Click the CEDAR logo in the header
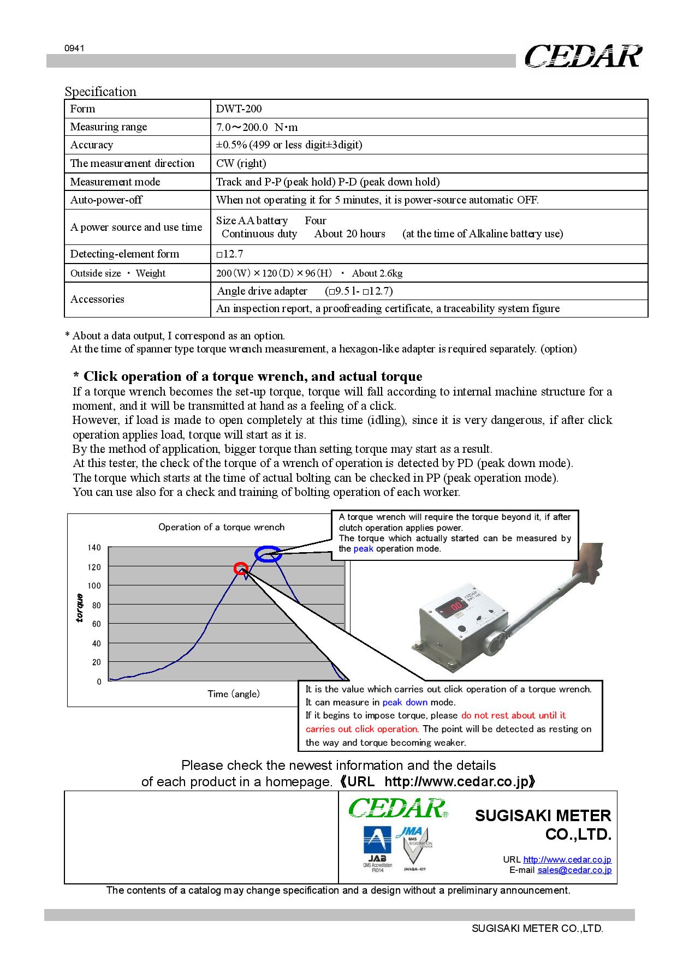[583, 56]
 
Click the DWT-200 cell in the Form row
[239, 109]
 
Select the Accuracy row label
[92, 145]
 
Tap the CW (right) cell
[241, 163]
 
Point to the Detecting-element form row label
[124, 254]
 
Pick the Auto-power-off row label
[106, 200]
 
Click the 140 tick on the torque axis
[94, 548]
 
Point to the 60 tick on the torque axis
[96, 624]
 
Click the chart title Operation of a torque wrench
[221, 527]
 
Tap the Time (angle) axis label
[233, 694]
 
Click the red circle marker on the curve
[240, 569]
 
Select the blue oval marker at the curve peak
[269, 554]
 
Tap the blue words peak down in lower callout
[405, 702]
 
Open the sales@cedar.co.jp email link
[574, 870]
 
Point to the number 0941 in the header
[74, 48]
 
